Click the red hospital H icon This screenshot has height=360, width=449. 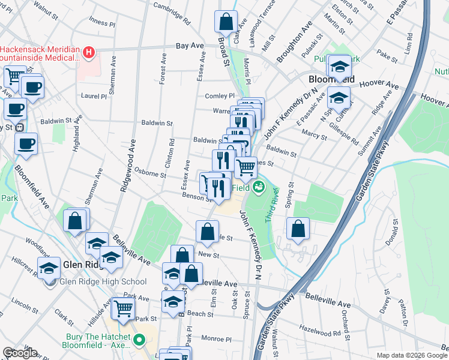click(x=89, y=52)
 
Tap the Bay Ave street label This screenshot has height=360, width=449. click(x=190, y=46)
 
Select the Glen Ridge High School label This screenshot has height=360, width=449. click(x=102, y=282)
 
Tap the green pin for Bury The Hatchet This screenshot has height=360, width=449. click(x=139, y=340)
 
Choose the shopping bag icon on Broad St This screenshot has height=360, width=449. click(x=225, y=22)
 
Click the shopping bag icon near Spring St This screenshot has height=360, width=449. click(x=298, y=229)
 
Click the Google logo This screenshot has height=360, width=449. click(x=20, y=353)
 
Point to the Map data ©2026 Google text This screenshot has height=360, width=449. click(x=411, y=355)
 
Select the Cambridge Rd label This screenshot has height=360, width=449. click(x=171, y=14)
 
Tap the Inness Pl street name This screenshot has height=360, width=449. click(x=102, y=22)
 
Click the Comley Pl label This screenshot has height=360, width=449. click(x=220, y=96)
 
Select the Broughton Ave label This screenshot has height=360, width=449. click(x=295, y=44)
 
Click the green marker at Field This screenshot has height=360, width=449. click(x=259, y=187)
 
